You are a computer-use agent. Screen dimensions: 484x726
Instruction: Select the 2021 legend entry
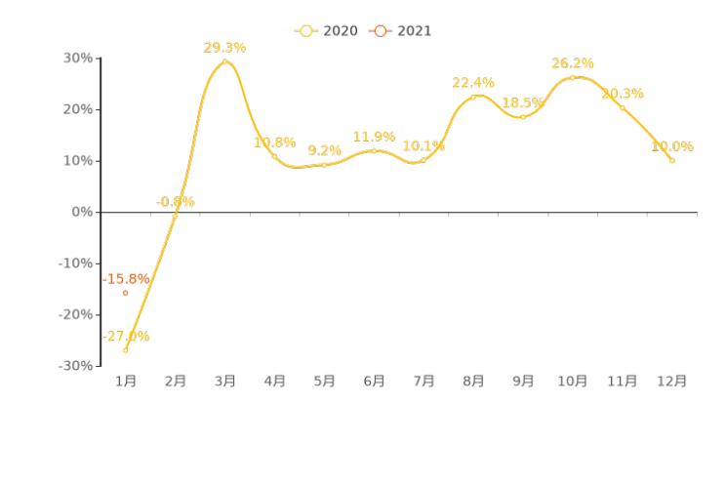401,31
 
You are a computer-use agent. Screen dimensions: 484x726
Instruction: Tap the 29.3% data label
224,47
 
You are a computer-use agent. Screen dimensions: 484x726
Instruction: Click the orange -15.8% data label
126,279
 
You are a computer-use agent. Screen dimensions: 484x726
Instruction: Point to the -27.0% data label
126,337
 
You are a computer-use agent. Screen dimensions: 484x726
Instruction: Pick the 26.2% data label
573,63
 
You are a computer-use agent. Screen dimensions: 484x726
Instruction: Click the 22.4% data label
473,83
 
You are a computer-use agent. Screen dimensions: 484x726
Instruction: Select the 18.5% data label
523,102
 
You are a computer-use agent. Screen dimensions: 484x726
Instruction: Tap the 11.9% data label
374,137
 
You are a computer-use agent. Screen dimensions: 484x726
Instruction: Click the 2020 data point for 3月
224,61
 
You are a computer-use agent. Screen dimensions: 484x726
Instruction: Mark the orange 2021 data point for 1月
125,293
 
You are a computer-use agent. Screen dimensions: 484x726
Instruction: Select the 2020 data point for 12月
672,160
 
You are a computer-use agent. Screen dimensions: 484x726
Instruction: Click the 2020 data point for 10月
573,77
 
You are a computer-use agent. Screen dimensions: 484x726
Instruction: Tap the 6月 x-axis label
374,382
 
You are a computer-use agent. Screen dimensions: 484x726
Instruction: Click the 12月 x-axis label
672,382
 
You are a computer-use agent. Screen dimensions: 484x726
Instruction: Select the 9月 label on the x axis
523,382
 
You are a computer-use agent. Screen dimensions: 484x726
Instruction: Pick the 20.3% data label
623,94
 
